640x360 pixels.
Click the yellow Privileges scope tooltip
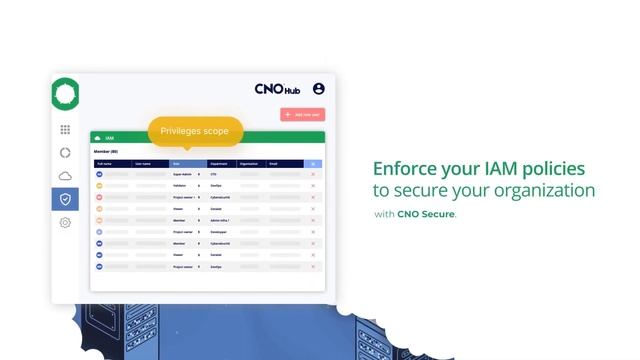click(195, 131)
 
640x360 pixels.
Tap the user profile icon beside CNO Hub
click(319, 89)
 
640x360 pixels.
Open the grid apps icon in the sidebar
click(65, 130)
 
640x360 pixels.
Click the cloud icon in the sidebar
click(65, 176)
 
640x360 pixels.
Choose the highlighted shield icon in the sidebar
click(65, 199)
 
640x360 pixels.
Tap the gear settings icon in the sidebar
click(65, 223)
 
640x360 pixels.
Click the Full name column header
click(106, 163)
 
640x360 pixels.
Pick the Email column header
click(276, 163)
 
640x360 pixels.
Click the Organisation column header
click(249, 163)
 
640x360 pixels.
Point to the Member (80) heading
click(106, 151)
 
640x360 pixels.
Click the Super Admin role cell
click(184, 174)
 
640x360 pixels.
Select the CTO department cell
click(214, 174)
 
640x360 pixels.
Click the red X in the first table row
click(313, 174)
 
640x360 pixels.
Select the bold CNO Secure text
click(426, 214)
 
